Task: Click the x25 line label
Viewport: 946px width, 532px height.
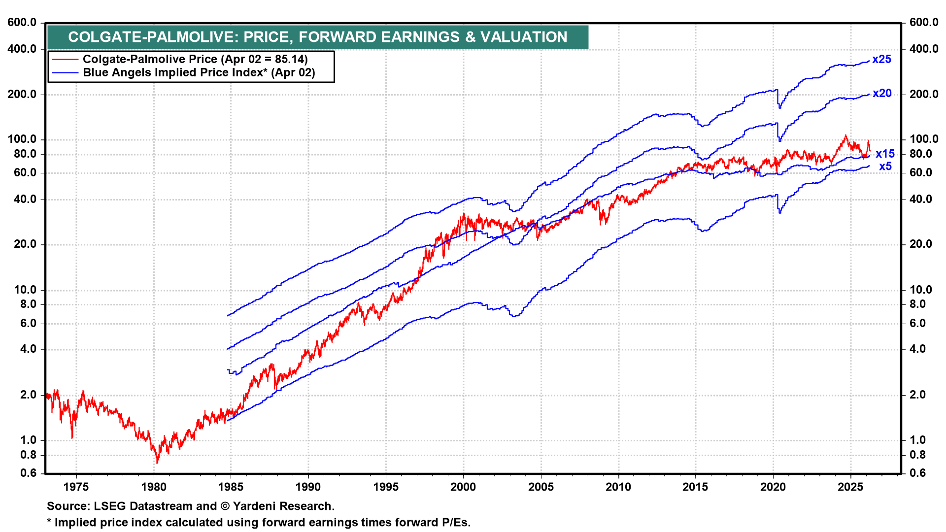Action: pos(881,60)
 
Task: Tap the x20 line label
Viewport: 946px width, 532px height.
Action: pos(882,94)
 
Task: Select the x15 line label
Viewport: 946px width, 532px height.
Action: pos(885,154)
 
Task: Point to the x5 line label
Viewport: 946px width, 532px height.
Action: pos(885,167)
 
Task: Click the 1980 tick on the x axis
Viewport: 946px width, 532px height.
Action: pos(154,487)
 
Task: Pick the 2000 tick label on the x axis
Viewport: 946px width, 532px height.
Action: pos(463,487)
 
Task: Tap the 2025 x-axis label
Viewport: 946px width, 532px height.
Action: pos(850,487)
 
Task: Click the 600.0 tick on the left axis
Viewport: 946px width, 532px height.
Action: pos(22,23)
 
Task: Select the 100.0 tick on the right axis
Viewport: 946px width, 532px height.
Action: pos(924,139)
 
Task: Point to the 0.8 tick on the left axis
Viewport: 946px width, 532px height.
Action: pos(28,455)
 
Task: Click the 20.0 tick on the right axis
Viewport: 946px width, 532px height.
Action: pos(920,244)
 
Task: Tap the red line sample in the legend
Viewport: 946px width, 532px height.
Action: pos(65,60)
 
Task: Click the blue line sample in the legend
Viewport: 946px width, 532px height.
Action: pos(65,73)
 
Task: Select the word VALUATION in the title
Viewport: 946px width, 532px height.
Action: pos(524,37)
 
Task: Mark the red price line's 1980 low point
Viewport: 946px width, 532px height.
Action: pos(157,463)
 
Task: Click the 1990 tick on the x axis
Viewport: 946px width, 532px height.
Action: pos(308,487)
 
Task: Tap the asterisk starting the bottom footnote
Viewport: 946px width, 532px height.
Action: pos(49,522)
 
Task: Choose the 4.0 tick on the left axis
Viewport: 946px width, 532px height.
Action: pos(28,349)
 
